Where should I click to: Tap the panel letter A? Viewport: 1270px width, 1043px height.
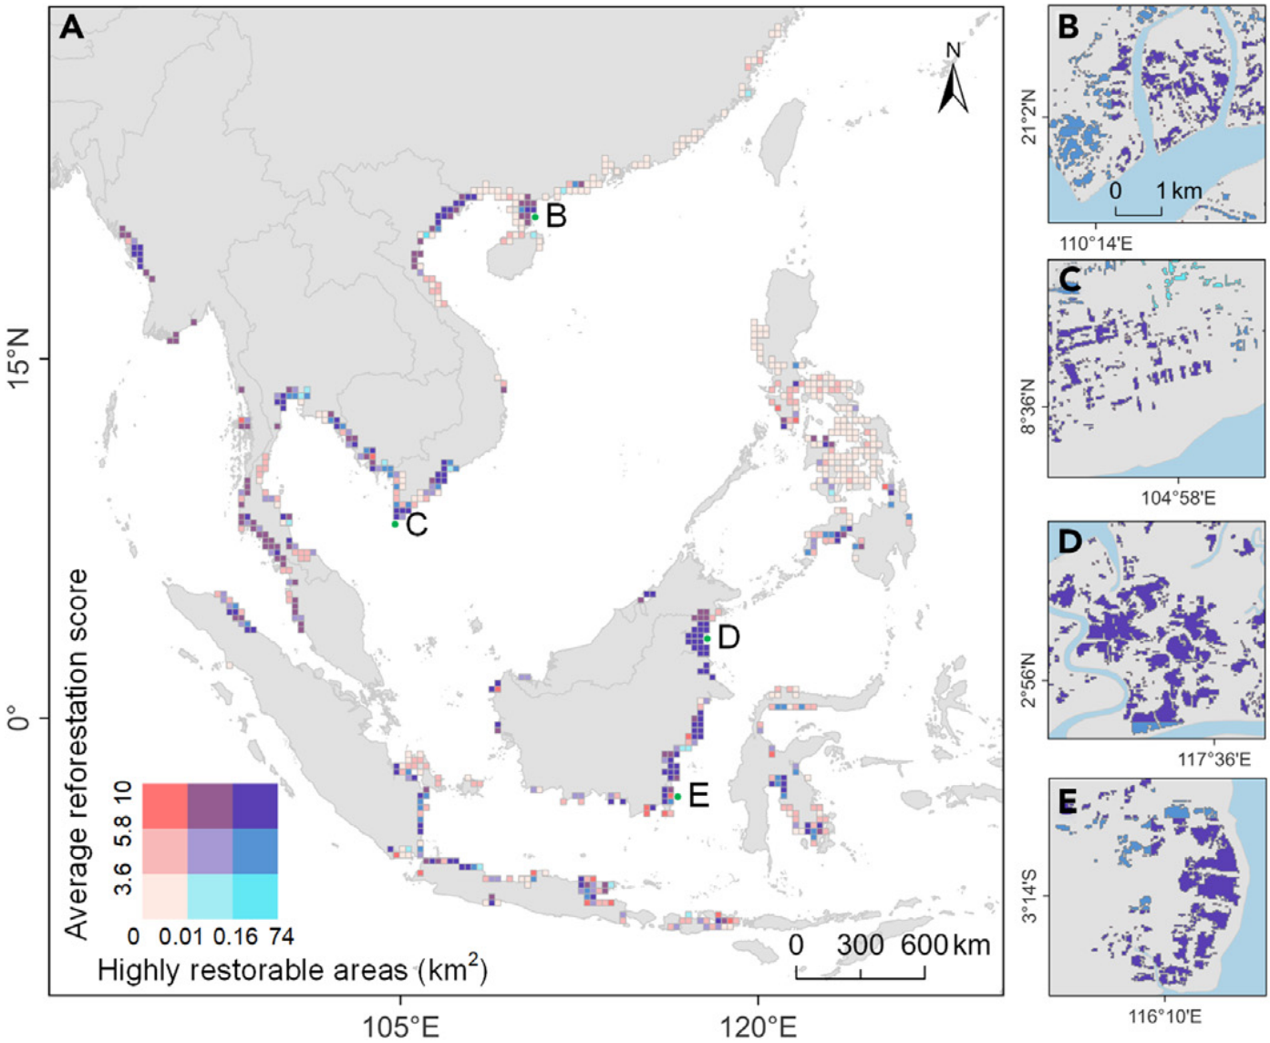[x=71, y=28]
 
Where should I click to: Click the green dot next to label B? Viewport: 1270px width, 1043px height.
[x=535, y=217]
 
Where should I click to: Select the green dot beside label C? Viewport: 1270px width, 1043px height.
[x=395, y=524]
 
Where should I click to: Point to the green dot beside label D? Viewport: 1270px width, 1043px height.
[x=707, y=638]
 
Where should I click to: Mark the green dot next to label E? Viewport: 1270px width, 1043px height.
[x=677, y=797]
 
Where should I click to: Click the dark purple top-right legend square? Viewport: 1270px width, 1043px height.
[x=255, y=806]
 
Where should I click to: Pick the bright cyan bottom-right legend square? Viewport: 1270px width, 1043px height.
[x=255, y=896]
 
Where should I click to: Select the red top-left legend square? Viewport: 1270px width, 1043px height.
[x=164, y=806]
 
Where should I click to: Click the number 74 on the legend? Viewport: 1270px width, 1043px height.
[x=280, y=936]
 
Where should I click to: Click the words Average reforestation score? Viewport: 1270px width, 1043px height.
[x=77, y=753]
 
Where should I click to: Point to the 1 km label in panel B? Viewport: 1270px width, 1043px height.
[x=1180, y=191]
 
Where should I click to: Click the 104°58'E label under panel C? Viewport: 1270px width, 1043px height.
[x=1177, y=498]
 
